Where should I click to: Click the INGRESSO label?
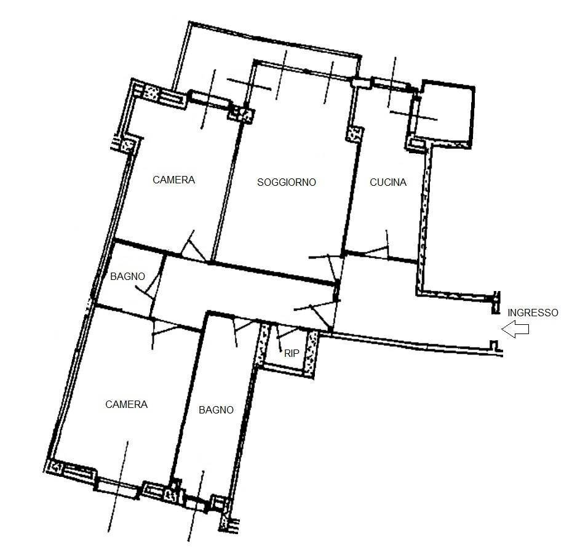pos(533,313)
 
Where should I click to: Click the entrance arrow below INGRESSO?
pos(515,330)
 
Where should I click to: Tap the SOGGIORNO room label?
pos(287,182)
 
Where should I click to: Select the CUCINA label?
pos(387,182)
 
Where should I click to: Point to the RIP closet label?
pos(292,354)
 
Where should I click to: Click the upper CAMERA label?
pos(173,180)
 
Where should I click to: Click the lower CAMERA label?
pos(127,404)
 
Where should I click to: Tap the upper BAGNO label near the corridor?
pos(128,277)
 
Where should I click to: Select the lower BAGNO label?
pos(216,410)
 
